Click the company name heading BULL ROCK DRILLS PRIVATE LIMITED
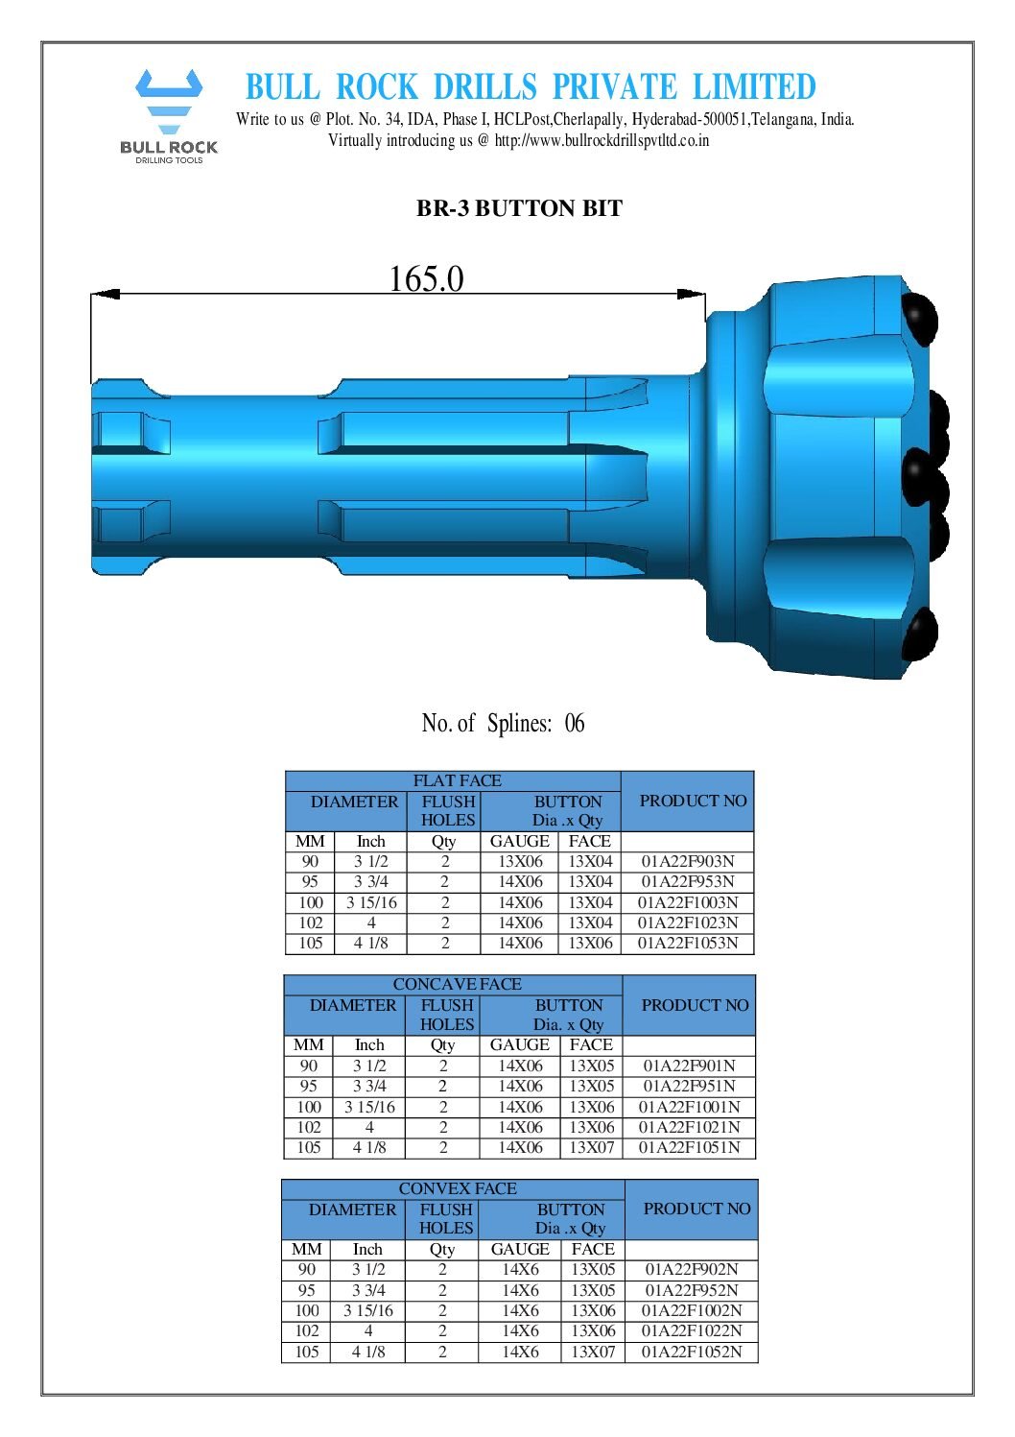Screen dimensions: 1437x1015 [531, 87]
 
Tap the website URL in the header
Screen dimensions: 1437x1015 [602, 140]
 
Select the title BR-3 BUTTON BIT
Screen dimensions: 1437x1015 [519, 208]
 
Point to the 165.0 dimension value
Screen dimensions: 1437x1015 [426, 279]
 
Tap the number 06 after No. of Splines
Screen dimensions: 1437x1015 [574, 723]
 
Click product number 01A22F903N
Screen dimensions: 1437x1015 [688, 861]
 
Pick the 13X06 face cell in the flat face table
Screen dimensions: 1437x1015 [590, 943]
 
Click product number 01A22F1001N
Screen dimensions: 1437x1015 [689, 1107]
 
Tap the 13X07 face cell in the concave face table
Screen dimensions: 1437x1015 [591, 1147]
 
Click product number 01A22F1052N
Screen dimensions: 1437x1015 [691, 1352]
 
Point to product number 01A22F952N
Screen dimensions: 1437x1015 [691, 1290]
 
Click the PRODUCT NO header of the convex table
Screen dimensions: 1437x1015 [696, 1209]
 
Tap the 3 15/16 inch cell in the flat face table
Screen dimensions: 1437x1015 [371, 902]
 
